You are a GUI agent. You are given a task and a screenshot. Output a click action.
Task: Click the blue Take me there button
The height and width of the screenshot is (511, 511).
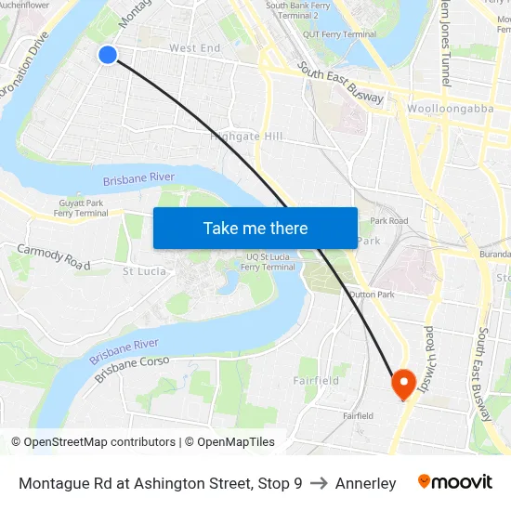coord(255,228)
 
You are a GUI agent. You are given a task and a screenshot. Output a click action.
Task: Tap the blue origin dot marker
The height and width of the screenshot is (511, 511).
coord(108,55)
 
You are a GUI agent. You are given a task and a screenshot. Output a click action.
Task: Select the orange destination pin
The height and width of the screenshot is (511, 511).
coord(404,383)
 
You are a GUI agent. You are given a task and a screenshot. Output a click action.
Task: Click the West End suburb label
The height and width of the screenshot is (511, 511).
coord(195,48)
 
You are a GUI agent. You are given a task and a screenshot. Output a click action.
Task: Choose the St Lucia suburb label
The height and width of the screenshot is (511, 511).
coord(145,271)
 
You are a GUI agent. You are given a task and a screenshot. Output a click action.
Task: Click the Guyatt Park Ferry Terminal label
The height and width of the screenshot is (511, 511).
coord(82,207)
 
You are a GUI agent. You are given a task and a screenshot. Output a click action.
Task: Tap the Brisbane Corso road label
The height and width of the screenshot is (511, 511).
coord(130,368)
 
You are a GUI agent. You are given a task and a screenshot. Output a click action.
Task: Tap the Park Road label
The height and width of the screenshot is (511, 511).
coord(389,221)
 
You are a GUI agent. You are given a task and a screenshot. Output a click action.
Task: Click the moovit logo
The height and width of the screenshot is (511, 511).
coord(454,482)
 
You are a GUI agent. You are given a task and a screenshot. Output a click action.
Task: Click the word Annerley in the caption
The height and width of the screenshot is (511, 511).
coord(365,483)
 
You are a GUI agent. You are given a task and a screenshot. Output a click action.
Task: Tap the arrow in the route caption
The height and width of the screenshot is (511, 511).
coord(319,483)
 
